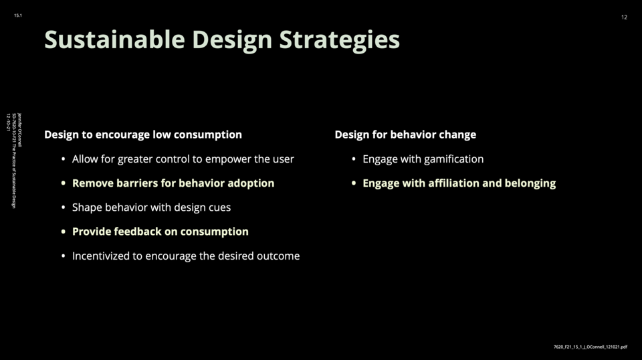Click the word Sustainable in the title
coord(114,39)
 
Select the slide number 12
coord(624,17)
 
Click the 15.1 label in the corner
coord(18,15)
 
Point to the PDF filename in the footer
coord(590,347)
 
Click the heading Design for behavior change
coord(405,134)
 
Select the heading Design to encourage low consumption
coord(143,134)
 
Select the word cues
coord(220,207)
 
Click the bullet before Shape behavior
coord(63,207)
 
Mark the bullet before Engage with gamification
coord(354,159)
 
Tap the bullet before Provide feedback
coord(63,232)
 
